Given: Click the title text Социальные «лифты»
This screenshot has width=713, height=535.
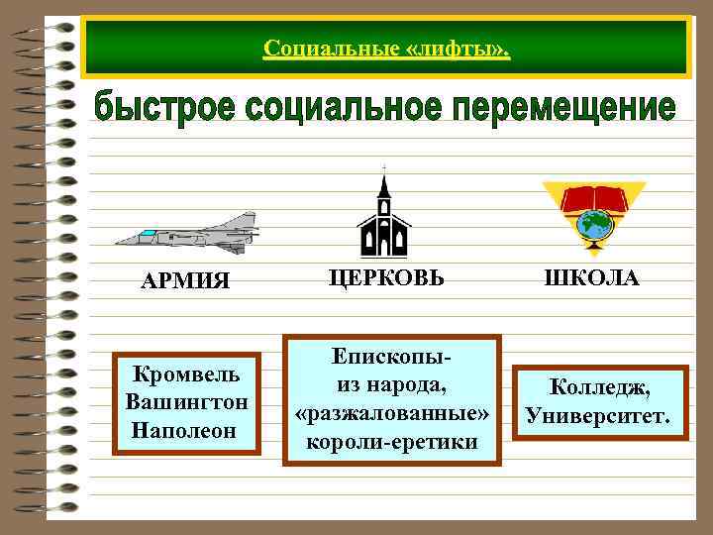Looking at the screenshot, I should [x=386, y=48].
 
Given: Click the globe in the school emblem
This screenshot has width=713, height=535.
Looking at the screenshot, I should [x=594, y=224].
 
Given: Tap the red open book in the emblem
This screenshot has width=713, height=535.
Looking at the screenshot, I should [x=592, y=199].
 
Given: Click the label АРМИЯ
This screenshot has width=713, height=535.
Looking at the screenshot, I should [x=185, y=281].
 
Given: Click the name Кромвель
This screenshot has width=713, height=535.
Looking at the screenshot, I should [x=185, y=378].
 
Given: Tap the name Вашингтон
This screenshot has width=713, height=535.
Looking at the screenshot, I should [x=186, y=404].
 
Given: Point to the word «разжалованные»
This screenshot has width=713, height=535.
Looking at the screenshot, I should [x=392, y=411].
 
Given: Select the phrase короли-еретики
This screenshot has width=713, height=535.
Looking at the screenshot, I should [x=392, y=439].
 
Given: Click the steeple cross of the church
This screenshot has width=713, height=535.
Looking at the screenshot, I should [x=383, y=167].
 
